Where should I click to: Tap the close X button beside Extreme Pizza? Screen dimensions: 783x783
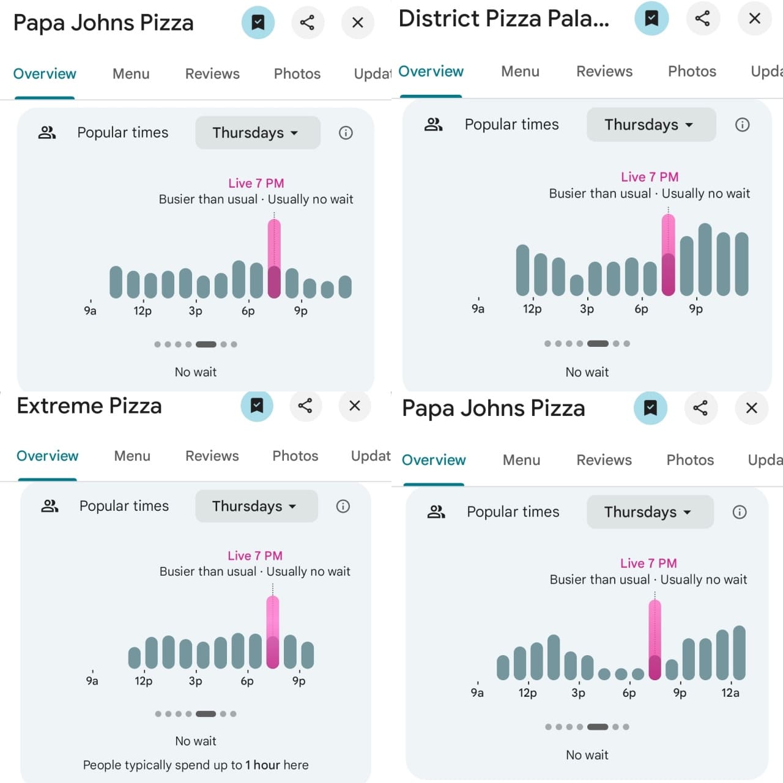pyautogui.click(x=355, y=406)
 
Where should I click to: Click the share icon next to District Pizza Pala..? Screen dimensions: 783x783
pyautogui.click(x=702, y=18)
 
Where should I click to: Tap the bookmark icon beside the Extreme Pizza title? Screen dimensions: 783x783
pyautogui.click(x=257, y=406)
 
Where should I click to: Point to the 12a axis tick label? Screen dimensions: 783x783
pyautogui.click(x=730, y=692)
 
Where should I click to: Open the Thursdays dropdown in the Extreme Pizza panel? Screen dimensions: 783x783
pyautogui.click(x=256, y=506)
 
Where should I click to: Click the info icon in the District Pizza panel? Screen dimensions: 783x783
pyautogui.click(x=742, y=125)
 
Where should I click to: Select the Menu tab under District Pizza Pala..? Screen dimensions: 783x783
pyautogui.click(x=520, y=72)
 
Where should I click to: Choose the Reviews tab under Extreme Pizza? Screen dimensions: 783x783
pyautogui.click(x=212, y=456)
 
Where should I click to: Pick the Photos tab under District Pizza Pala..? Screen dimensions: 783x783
pyautogui.click(x=692, y=72)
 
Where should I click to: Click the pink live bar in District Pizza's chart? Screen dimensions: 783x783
pyautogui.click(x=669, y=255)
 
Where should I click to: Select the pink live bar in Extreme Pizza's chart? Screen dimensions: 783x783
pyautogui.click(x=273, y=633)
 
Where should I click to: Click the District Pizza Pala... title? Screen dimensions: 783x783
pyautogui.click(x=503, y=19)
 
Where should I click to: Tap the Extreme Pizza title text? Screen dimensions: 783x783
pyautogui.click(x=89, y=406)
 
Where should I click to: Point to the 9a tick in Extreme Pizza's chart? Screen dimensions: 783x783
pyautogui.click(x=92, y=680)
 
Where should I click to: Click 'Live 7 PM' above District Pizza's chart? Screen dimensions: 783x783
pyautogui.click(x=649, y=177)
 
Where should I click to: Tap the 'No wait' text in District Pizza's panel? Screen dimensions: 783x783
pyautogui.click(x=587, y=372)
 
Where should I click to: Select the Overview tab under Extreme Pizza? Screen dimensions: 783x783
pyautogui.click(x=48, y=456)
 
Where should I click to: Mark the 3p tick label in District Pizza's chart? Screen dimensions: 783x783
pyautogui.click(x=587, y=309)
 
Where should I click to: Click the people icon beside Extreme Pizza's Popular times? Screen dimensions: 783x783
pyautogui.click(x=50, y=506)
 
